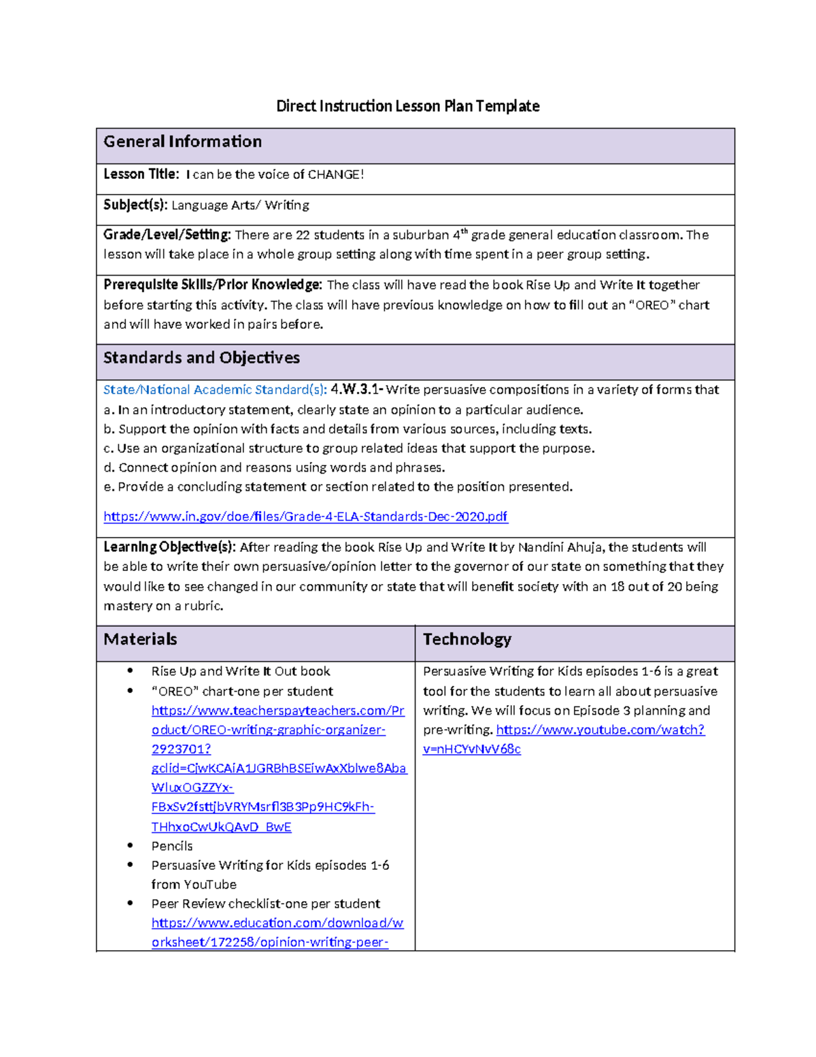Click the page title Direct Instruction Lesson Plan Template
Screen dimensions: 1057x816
pyautogui.click(x=407, y=106)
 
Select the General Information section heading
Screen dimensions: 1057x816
pyautogui.click(x=182, y=142)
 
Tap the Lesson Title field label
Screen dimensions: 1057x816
pyautogui.click(x=141, y=174)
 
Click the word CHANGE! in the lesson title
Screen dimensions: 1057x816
pyautogui.click(x=336, y=175)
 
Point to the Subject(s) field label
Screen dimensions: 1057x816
pyautogui.click(x=135, y=205)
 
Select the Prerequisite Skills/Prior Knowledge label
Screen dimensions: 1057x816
pyautogui.click(x=212, y=285)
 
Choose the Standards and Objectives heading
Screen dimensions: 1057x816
pyautogui.click(x=201, y=358)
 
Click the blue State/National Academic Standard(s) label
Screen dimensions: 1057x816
pyautogui.click(x=215, y=390)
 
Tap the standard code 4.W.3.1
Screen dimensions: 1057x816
pyautogui.click(x=356, y=390)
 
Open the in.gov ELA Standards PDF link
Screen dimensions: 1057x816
pyautogui.click(x=305, y=517)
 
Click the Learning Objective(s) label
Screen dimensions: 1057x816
pyautogui.click(x=169, y=547)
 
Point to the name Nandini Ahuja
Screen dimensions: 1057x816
pyautogui.click(x=561, y=547)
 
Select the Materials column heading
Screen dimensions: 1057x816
pyautogui.click(x=140, y=640)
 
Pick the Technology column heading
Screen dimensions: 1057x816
pyautogui.click(x=466, y=640)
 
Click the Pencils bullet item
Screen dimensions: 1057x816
pyautogui.click(x=172, y=846)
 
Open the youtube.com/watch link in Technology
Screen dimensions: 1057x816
pyautogui.click(x=600, y=730)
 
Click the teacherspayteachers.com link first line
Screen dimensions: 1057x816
pyautogui.click(x=277, y=711)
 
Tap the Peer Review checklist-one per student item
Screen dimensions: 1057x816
pyautogui.click(x=265, y=904)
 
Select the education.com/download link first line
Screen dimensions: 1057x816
pyautogui.click(x=277, y=924)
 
